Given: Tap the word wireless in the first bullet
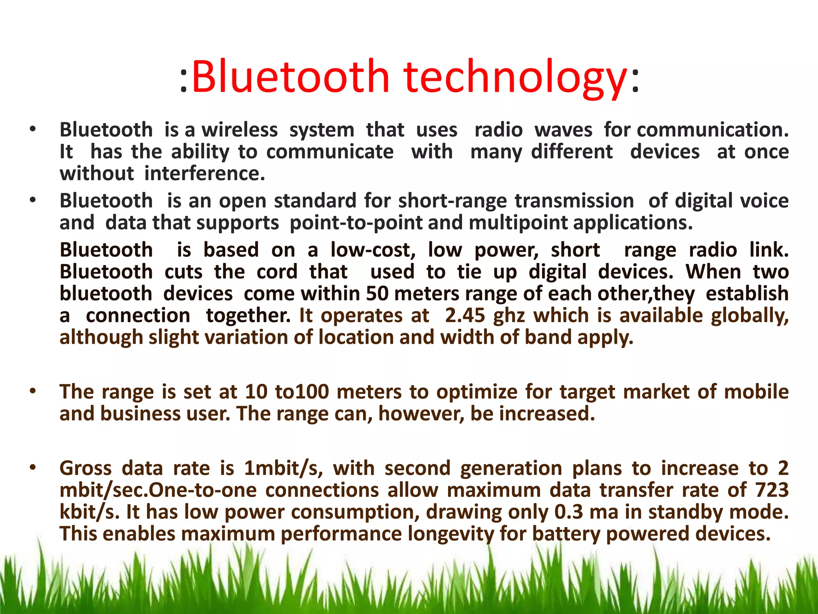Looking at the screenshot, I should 239,130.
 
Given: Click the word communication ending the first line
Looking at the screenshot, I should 713,130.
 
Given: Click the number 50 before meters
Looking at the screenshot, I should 377,294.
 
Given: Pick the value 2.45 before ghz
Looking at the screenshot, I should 465,316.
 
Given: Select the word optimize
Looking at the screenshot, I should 477,392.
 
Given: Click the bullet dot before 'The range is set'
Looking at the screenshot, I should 33,391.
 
